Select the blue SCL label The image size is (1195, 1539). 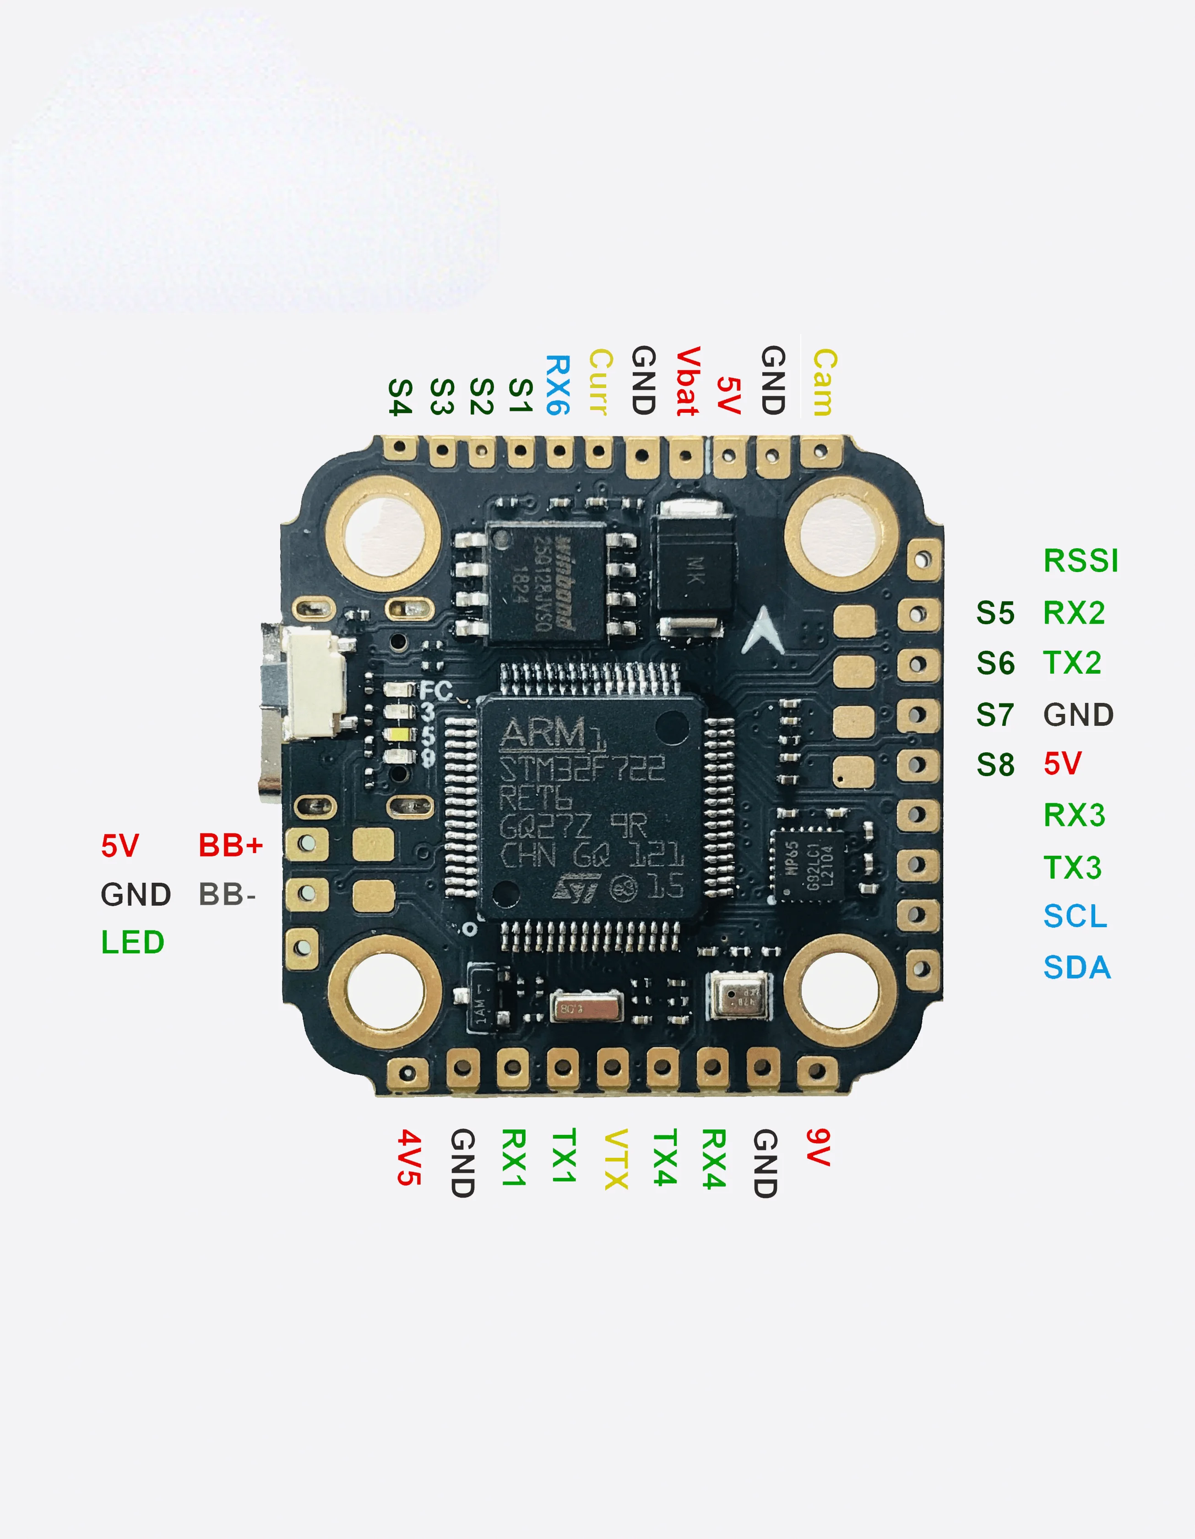(x=1075, y=916)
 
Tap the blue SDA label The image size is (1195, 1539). (x=1076, y=967)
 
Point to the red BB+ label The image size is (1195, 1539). (x=231, y=845)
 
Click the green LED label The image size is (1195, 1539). (x=132, y=942)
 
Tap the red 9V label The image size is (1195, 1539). (x=818, y=1147)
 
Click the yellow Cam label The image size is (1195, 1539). (x=824, y=382)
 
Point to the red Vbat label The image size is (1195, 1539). (x=687, y=381)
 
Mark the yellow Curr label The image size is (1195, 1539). (x=600, y=382)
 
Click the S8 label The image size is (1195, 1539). (x=995, y=765)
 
